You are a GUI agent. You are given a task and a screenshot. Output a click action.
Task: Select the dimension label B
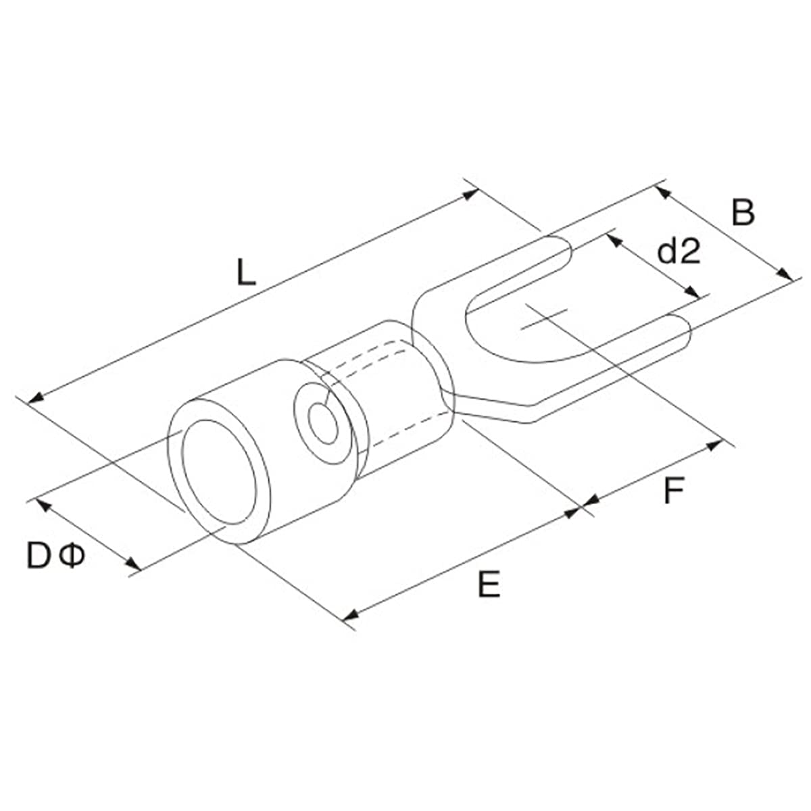(743, 213)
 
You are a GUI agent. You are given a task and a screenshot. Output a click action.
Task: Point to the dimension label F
(673, 491)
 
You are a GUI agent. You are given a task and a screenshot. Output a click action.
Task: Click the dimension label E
(489, 585)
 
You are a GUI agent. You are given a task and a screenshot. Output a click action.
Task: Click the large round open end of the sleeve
(218, 473)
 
